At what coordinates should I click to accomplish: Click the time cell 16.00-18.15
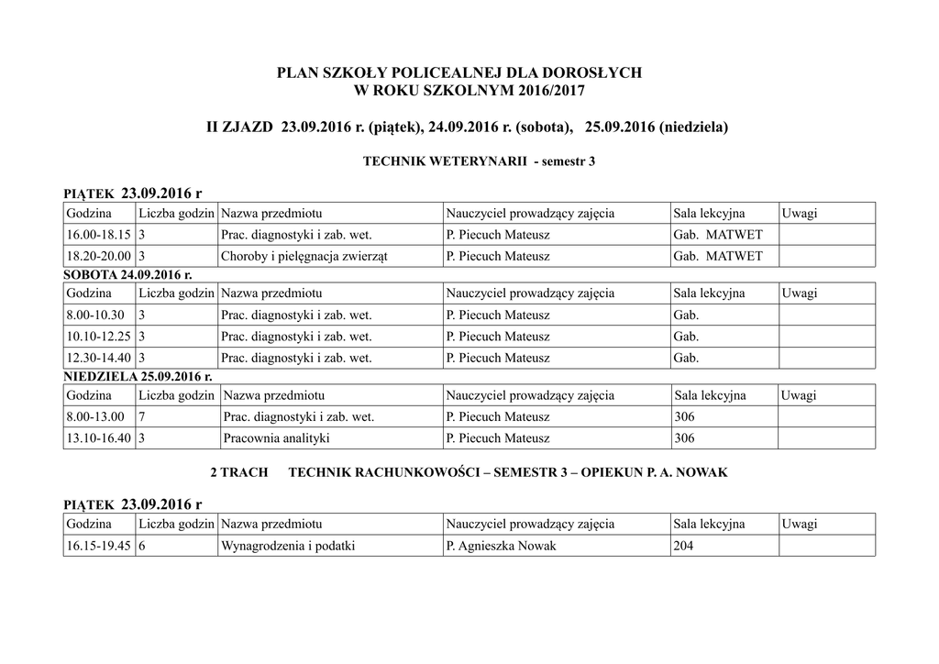click(x=97, y=235)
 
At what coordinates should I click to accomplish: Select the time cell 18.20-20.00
click(x=97, y=257)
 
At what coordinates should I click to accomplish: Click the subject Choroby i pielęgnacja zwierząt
click(x=304, y=257)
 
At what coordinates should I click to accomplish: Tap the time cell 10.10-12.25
click(x=97, y=337)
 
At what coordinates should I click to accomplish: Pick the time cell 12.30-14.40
click(x=97, y=359)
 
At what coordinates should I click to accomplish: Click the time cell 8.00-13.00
click(x=94, y=417)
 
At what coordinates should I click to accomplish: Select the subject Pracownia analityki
click(x=276, y=438)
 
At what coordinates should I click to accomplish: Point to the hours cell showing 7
click(x=142, y=417)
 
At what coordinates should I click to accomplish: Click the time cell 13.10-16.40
click(x=97, y=438)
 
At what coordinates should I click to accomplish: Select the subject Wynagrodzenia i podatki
click(x=287, y=546)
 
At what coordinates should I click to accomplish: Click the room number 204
click(x=684, y=546)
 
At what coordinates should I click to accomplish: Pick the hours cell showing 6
click(x=142, y=546)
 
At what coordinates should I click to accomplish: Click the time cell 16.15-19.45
click(x=97, y=546)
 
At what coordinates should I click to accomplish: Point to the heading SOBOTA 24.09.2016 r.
click(x=127, y=274)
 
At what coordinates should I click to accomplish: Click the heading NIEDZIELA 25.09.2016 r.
click(x=138, y=377)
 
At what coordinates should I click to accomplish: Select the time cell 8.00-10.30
click(x=94, y=315)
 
